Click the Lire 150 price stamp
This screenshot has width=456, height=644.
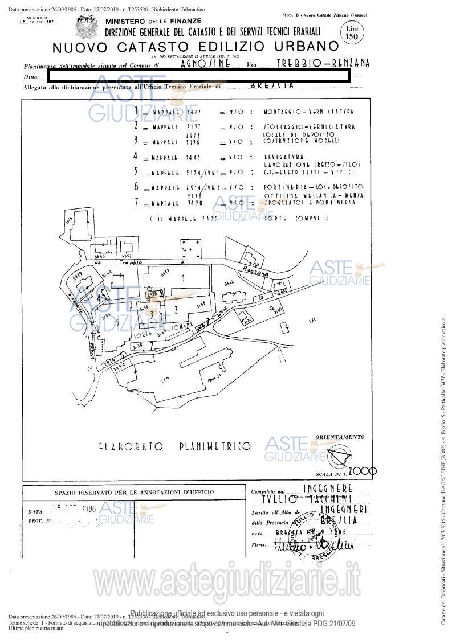tap(349, 32)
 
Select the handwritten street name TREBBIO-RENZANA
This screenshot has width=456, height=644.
tap(323, 63)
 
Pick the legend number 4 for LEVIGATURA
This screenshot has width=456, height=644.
tap(135, 156)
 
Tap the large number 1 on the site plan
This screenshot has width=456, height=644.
tap(183, 279)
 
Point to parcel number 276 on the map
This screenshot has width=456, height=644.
tap(312, 321)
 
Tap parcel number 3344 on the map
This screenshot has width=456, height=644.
tap(229, 282)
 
